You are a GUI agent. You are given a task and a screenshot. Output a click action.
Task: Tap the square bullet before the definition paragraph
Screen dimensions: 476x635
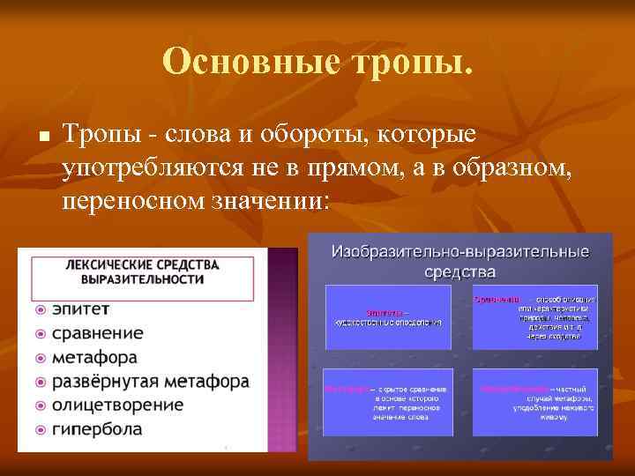pos(42,138)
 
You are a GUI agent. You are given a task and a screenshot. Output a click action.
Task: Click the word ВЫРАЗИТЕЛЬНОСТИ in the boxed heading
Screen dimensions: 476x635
pos(142,279)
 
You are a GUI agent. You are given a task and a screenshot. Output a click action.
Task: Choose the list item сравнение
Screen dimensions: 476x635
pos(97,334)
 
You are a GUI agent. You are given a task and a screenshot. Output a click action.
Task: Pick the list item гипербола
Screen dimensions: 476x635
pos(97,430)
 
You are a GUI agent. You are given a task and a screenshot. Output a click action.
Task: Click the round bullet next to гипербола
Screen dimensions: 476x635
pos(41,430)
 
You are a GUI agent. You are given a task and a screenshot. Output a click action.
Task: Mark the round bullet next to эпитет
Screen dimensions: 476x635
pos(41,310)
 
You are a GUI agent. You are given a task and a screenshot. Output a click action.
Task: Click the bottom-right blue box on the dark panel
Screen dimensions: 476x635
pos(535,401)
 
